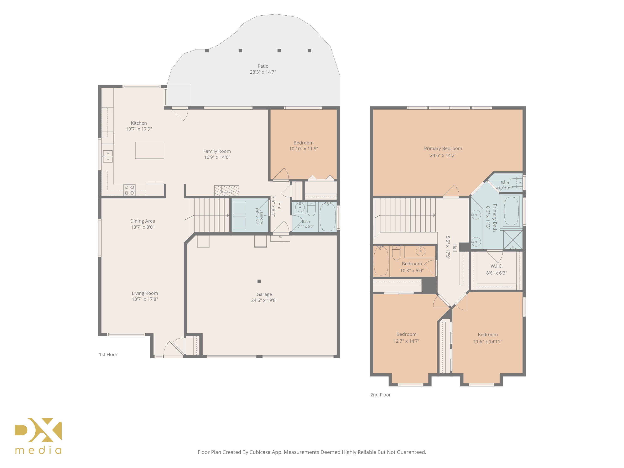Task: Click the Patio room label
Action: [x=263, y=66]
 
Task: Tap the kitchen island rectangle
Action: [x=150, y=150]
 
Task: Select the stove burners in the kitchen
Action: [x=129, y=190]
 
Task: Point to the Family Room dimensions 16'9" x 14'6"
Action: [x=217, y=157]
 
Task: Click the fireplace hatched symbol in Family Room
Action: [x=227, y=191]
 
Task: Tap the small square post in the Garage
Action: [x=259, y=281]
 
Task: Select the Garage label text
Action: [x=264, y=294]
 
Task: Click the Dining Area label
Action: [x=142, y=221]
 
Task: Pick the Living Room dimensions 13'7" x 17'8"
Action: [x=145, y=299]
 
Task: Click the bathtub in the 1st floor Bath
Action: [x=328, y=217]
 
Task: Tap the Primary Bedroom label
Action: [x=443, y=148]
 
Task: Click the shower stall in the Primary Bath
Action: [x=513, y=240]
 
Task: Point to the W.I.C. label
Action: [x=496, y=266]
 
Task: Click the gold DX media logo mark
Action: [x=38, y=430]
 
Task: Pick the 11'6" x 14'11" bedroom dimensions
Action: [x=488, y=341]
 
